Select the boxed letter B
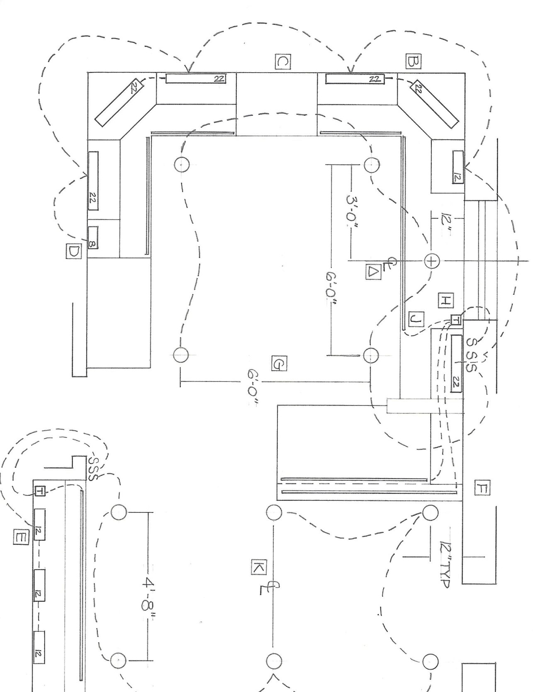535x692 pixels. tap(413, 61)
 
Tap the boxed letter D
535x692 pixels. tap(73, 251)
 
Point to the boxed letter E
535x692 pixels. tap(20, 538)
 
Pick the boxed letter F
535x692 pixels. tap(482, 488)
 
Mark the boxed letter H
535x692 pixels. tap(445, 300)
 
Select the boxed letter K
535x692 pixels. tap(258, 567)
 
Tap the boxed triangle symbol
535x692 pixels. tap(373, 272)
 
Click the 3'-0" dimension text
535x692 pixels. tap(353, 211)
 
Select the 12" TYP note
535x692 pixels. tap(447, 563)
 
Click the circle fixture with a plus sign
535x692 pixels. tap(432, 261)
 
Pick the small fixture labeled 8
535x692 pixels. tap(92, 237)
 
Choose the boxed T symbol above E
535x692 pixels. tap(40, 491)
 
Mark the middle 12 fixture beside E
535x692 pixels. tap(39, 585)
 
